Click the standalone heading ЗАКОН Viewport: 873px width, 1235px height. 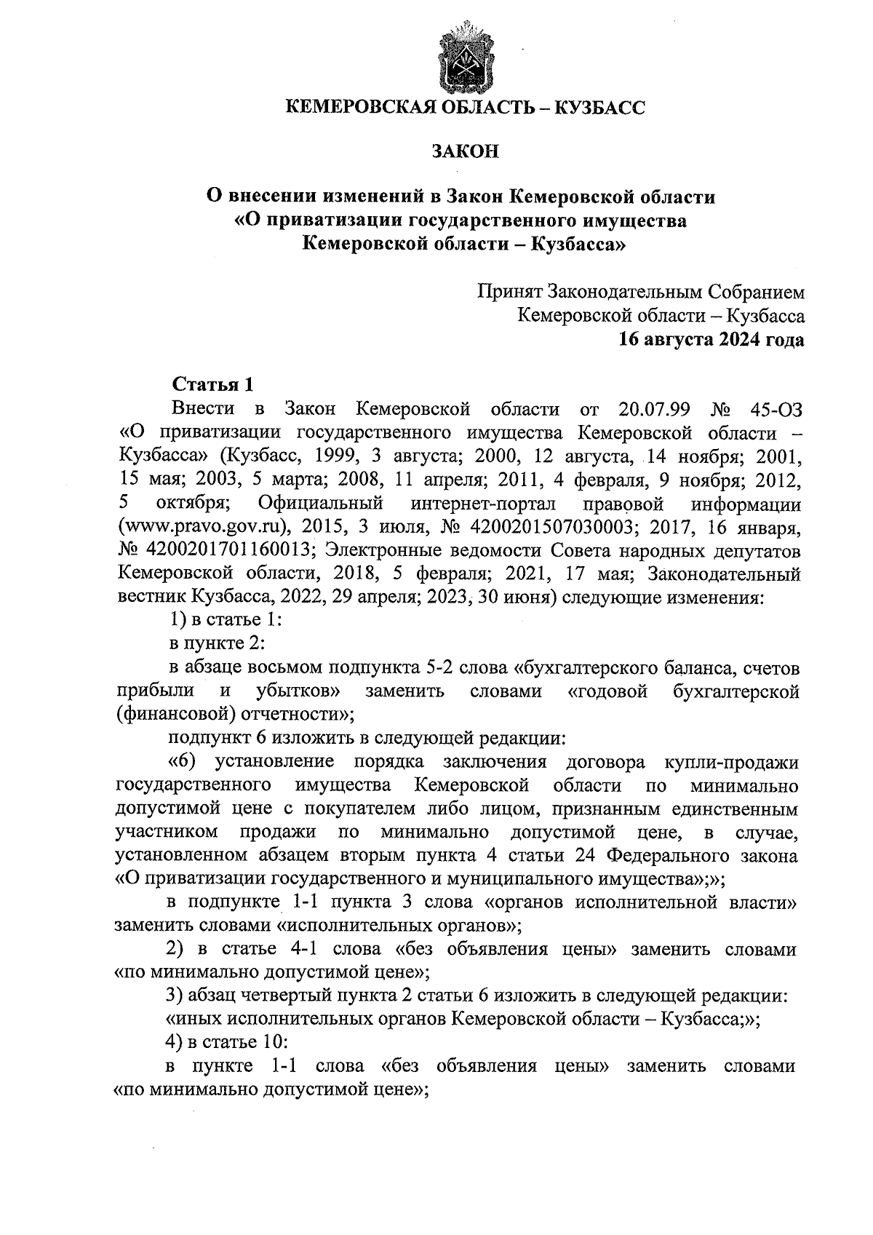[465, 152]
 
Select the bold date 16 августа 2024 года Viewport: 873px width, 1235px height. [711, 339]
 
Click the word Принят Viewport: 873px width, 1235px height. [509, 293]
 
